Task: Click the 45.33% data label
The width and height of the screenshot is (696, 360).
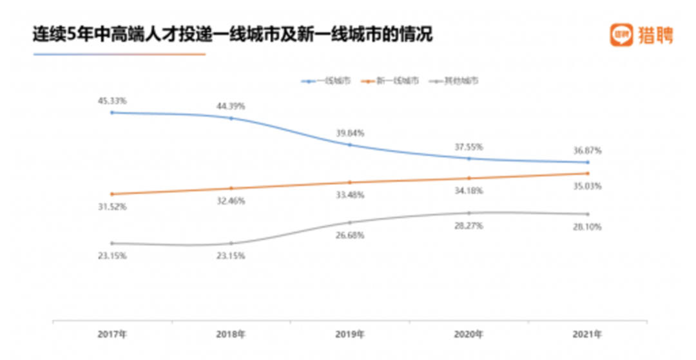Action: click(112, 100)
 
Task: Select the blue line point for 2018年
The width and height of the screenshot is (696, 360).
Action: click(231, 118)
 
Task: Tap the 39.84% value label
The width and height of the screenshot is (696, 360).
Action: click(351, 133)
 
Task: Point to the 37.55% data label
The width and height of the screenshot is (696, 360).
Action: click(469, 146)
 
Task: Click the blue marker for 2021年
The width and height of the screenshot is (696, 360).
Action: click(588, 162)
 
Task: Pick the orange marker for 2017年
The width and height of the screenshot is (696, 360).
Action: click(112, 194)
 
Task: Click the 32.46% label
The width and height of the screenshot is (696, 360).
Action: click(232, 201)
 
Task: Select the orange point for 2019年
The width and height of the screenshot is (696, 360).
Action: click(350, 182)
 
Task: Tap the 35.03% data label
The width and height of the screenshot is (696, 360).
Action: click(588, 186)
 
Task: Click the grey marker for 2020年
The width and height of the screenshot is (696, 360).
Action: click(469, 213)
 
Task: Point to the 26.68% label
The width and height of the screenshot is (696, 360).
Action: click(351, 235)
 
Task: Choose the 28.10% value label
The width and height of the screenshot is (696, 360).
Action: click(588, 227)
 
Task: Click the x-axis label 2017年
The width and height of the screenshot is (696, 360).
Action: click(112, 335)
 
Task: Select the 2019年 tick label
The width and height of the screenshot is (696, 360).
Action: click(351, 335)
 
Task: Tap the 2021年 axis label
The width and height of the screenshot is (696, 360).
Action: click(588, 335)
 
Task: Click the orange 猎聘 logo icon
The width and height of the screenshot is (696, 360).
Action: click(621, 35)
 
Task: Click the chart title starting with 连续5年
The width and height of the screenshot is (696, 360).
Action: click(232, 34)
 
